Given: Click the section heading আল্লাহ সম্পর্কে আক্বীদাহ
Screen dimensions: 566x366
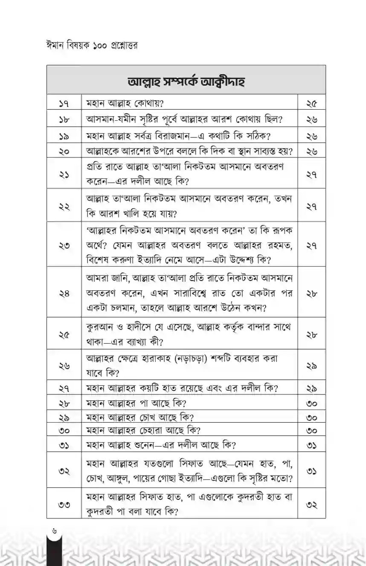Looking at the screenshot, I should point(185,81).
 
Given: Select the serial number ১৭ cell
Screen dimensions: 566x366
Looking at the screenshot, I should point(64,103).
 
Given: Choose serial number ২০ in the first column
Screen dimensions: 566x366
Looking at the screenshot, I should point(64,151).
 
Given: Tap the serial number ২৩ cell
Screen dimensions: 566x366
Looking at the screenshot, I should point(64,245).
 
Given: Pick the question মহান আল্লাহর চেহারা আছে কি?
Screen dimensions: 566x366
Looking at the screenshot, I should point(143,430).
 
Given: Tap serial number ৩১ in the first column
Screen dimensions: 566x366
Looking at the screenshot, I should point(64,444).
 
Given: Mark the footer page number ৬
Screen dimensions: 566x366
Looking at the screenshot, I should point(55,531).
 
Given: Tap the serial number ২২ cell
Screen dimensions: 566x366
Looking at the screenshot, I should point(64,206).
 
